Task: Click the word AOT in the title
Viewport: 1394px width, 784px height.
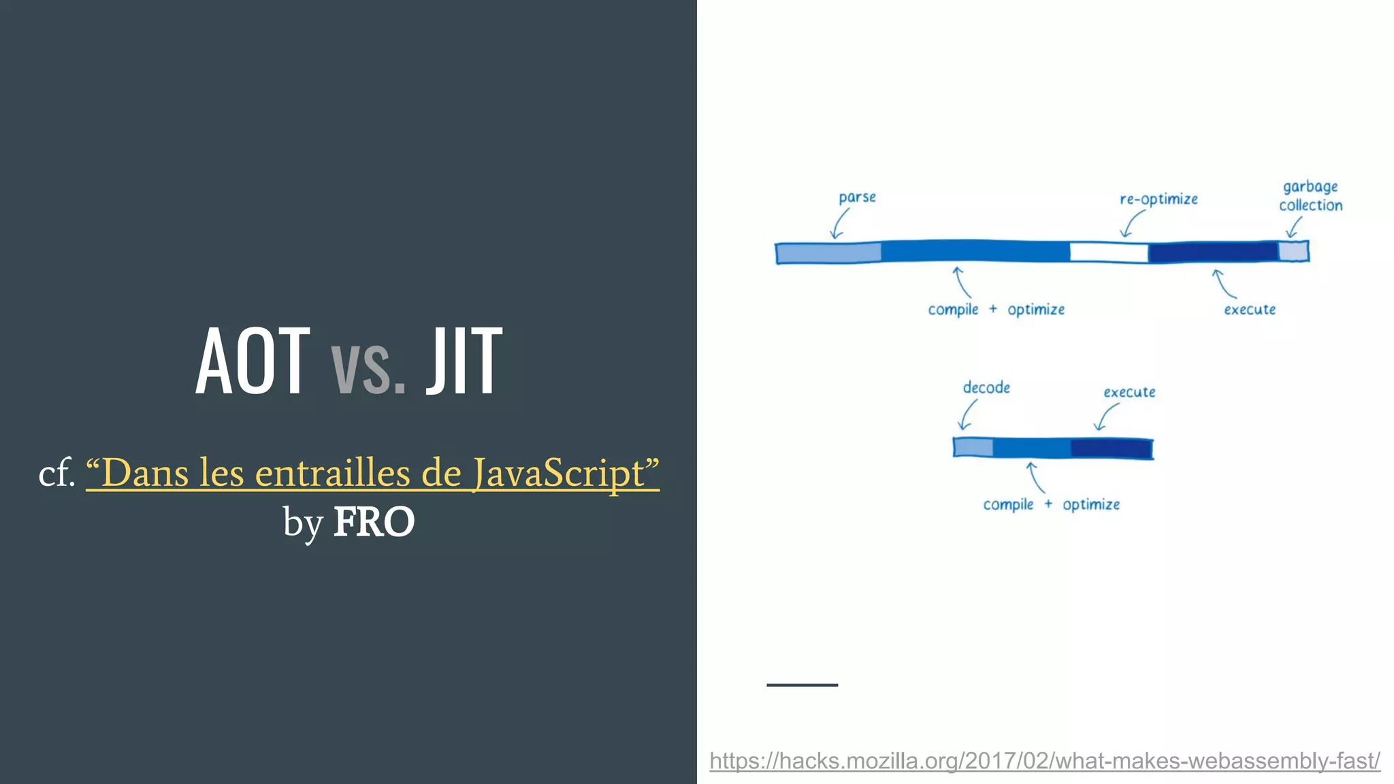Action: (253, 361)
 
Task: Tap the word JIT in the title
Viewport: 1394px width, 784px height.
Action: (464, 361)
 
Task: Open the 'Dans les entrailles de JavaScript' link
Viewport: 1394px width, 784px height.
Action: (372, 472)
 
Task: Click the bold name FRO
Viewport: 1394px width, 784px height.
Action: (374, 522)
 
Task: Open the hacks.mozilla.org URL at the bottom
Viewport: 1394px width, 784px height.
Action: (1044, 760)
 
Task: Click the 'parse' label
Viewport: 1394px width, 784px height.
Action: (857, 197)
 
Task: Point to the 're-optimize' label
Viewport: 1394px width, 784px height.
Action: (1158, 199)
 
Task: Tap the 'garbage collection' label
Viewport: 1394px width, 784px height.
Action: (1310, 196)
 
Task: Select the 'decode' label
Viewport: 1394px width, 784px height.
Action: (986, 387)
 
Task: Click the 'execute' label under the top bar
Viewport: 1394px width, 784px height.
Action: (1250, 310)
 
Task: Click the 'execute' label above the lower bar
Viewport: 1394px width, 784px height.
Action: (1129, 392)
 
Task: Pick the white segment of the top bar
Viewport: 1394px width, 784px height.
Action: (1109, 252)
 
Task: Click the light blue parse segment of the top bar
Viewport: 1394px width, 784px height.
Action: (828, 253)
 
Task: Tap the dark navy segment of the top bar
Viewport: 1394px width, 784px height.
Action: (1213, 252)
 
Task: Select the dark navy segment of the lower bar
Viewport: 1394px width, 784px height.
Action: (1111, 448)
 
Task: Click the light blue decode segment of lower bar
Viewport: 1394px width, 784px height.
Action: (973, 448)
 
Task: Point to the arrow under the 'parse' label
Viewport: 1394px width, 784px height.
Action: (840, 223)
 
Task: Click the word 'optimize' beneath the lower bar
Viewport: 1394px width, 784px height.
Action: (1091, 505)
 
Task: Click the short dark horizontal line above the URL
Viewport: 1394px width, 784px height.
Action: (802, 685)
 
